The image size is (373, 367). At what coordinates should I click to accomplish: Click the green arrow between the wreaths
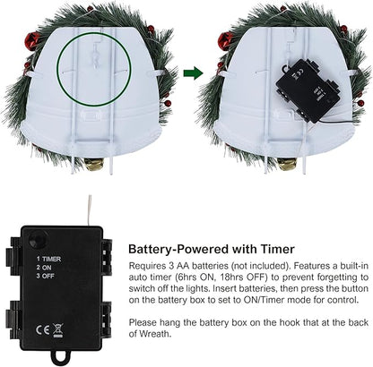coord(193,73)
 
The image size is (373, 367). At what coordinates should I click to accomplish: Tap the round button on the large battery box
coord(38,239)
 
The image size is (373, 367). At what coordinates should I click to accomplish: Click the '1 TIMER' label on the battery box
coord(48,259)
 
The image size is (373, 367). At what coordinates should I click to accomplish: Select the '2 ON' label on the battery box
coord(44,268)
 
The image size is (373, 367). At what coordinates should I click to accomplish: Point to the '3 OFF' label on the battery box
coord(46,276)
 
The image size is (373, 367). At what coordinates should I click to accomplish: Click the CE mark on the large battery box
coord(43,329)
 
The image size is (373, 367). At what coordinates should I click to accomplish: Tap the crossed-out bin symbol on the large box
coord(58,330)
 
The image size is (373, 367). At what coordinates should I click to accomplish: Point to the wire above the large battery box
coord(90,210)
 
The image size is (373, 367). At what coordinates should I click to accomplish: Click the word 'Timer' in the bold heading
coord(277,249)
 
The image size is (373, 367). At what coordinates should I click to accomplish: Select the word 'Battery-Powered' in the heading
coord(179,249)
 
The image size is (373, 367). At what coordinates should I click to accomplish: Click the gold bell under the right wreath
coord(287,164)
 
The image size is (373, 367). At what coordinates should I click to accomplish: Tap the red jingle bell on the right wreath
coord(226,40)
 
